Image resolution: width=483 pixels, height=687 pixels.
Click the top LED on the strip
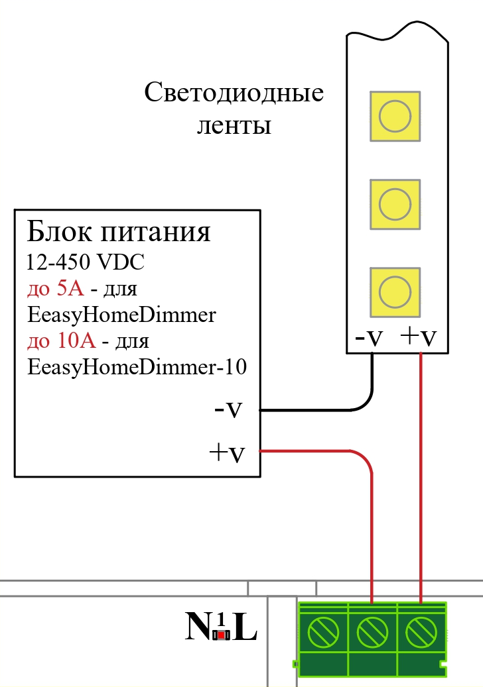[395, 116]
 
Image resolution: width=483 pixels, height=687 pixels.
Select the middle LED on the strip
[395, 204]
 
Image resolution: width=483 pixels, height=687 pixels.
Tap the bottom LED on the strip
[395, 291]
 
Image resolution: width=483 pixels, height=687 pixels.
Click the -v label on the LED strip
[370, 337]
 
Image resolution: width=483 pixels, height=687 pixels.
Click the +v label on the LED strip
[419, 337]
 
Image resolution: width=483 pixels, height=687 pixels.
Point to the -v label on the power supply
[227, 409]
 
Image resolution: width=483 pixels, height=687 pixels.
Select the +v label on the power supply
[226, 453]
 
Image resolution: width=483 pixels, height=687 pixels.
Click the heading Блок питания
[119, 233]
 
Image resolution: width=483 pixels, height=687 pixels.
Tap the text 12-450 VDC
[86, 262]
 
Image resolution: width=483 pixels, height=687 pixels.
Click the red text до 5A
[55, 289]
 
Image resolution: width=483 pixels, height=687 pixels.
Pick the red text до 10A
[61, 341]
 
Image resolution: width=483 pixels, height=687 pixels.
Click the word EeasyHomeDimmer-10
[137, 368]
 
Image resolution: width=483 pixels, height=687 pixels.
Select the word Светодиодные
[234, 93]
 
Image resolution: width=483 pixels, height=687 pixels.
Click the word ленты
[234, 125]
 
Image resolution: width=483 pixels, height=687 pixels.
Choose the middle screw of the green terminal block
[372, 633]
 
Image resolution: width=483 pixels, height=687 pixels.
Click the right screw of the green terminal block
[421, 633]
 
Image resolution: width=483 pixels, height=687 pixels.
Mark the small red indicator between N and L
[222, 635]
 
